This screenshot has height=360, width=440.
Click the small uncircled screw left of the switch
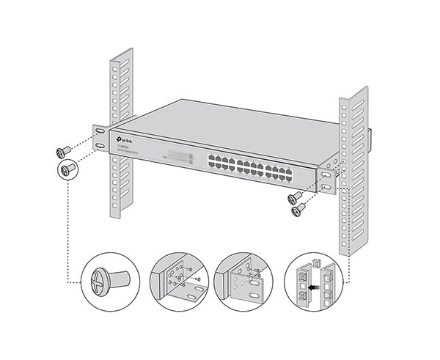pyautogui.click(x=62, y=153)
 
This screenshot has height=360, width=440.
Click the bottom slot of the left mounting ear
pyautogui.click(x=100, y=146)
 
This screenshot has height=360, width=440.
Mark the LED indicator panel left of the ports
pyautogui.click(x=175, y=156)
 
